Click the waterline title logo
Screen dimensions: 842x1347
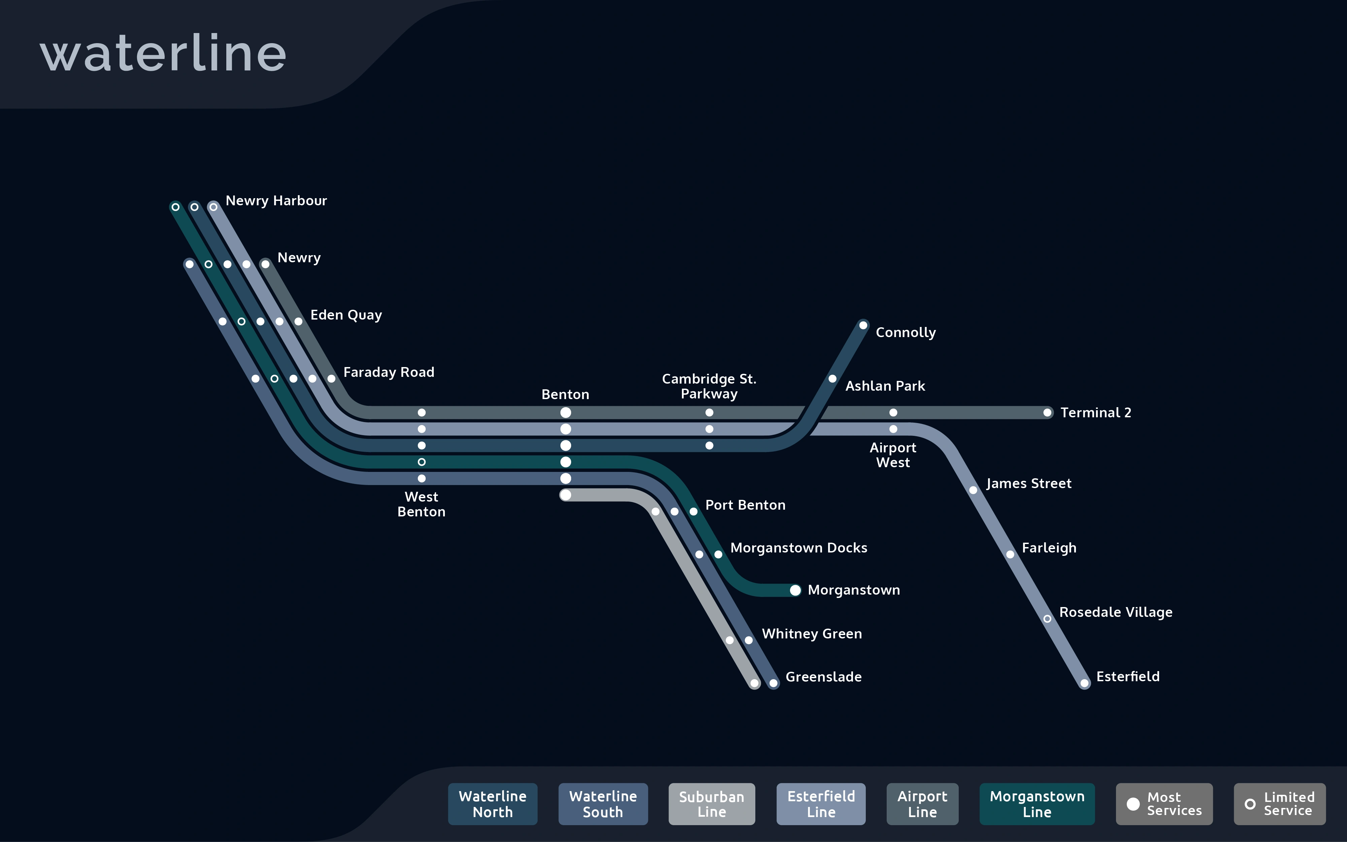[x=163, y=54]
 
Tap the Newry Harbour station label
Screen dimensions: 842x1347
[x=276, y=201]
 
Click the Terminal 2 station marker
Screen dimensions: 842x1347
[x=1047, y=413]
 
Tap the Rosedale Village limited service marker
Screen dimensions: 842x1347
[x=1047, y=619]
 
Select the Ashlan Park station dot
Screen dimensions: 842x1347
[x=832, y=379]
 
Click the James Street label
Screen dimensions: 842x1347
[x=1029, y=483]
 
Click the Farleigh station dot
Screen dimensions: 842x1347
[x=1010, y=554]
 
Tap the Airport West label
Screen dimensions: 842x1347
[x=892, y=455]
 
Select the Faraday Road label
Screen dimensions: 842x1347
[x=388, y=372]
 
